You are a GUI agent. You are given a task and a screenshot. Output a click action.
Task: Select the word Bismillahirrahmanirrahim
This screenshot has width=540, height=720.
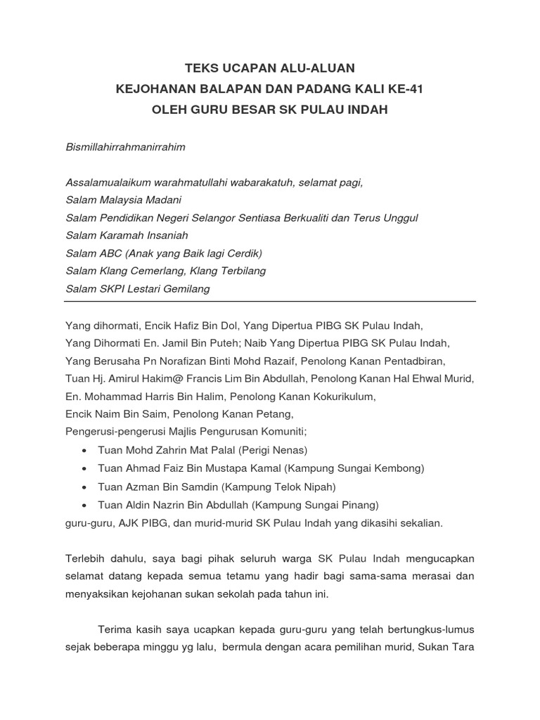(125, 147)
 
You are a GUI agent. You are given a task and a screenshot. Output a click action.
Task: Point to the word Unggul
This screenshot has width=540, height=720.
(400, 218)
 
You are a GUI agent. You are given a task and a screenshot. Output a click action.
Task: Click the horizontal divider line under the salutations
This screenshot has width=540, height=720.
(270, 301)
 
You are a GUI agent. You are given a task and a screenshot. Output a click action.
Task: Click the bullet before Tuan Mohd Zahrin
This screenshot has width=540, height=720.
(84, 451)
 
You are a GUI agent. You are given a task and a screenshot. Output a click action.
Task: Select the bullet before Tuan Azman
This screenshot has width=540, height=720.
(84, 487)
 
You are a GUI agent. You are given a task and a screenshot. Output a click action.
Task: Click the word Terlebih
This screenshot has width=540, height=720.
(86, 558)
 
